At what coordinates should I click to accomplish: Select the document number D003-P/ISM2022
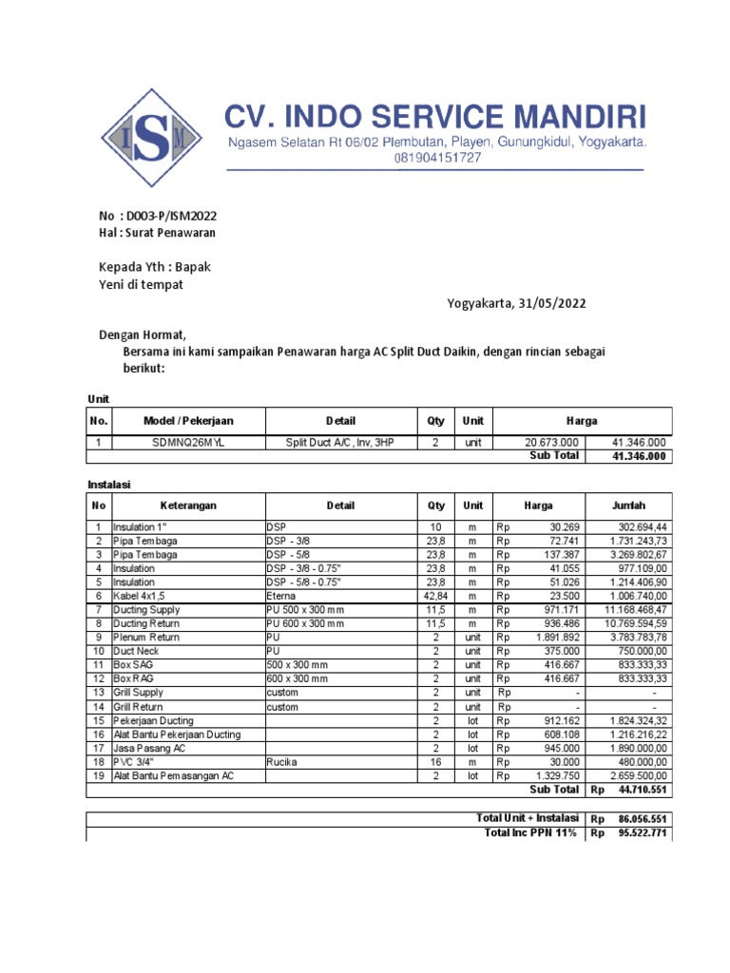tap(164, 216)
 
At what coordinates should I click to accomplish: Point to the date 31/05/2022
tap(552, 304)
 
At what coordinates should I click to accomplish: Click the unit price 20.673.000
tap(551, 443)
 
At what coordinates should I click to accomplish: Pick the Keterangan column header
tap(188, 506)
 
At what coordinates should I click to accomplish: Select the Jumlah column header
tap(629, 506)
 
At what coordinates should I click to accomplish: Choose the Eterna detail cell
tap(282, 595)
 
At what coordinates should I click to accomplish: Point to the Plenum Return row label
tap(147, 638)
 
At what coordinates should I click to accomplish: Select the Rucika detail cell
tap(283, 762)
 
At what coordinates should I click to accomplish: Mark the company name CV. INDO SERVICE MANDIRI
tap(435, 118)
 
